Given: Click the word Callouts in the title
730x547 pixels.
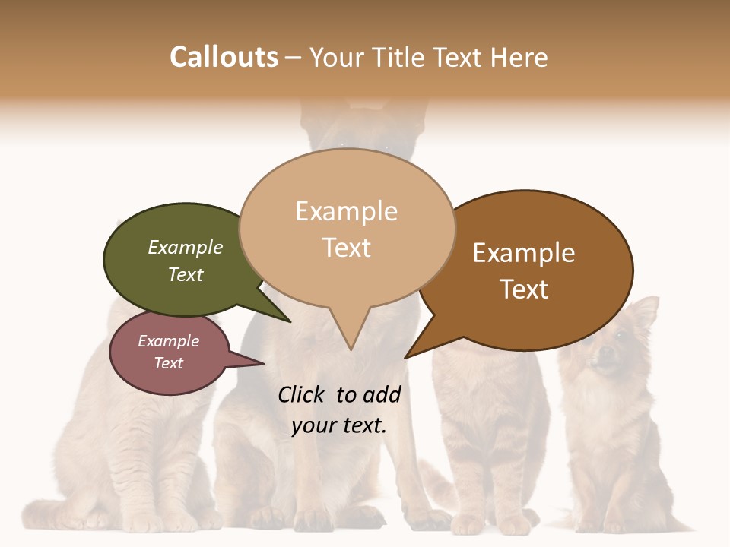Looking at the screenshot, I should pyautogui.click(x=224, y=58).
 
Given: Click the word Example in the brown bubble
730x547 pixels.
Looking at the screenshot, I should pyautogui.click(x=524, y=253).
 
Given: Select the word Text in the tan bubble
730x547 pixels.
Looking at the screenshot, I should pyautogui.click(x=347, y=248).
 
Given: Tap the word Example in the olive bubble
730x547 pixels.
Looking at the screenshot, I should pyautogui.click(x=186, y=248).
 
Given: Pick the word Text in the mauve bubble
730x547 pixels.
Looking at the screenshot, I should pyautogui.click(x=169, y=363).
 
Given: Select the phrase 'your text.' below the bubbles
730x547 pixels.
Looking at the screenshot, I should pyautogui.click(x=339, y=425).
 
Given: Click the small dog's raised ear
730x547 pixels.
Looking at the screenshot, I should pyautogui.click(x=645, y=311).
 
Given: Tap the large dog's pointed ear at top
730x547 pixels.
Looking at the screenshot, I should pyautogui.click(x=312, y=114).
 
